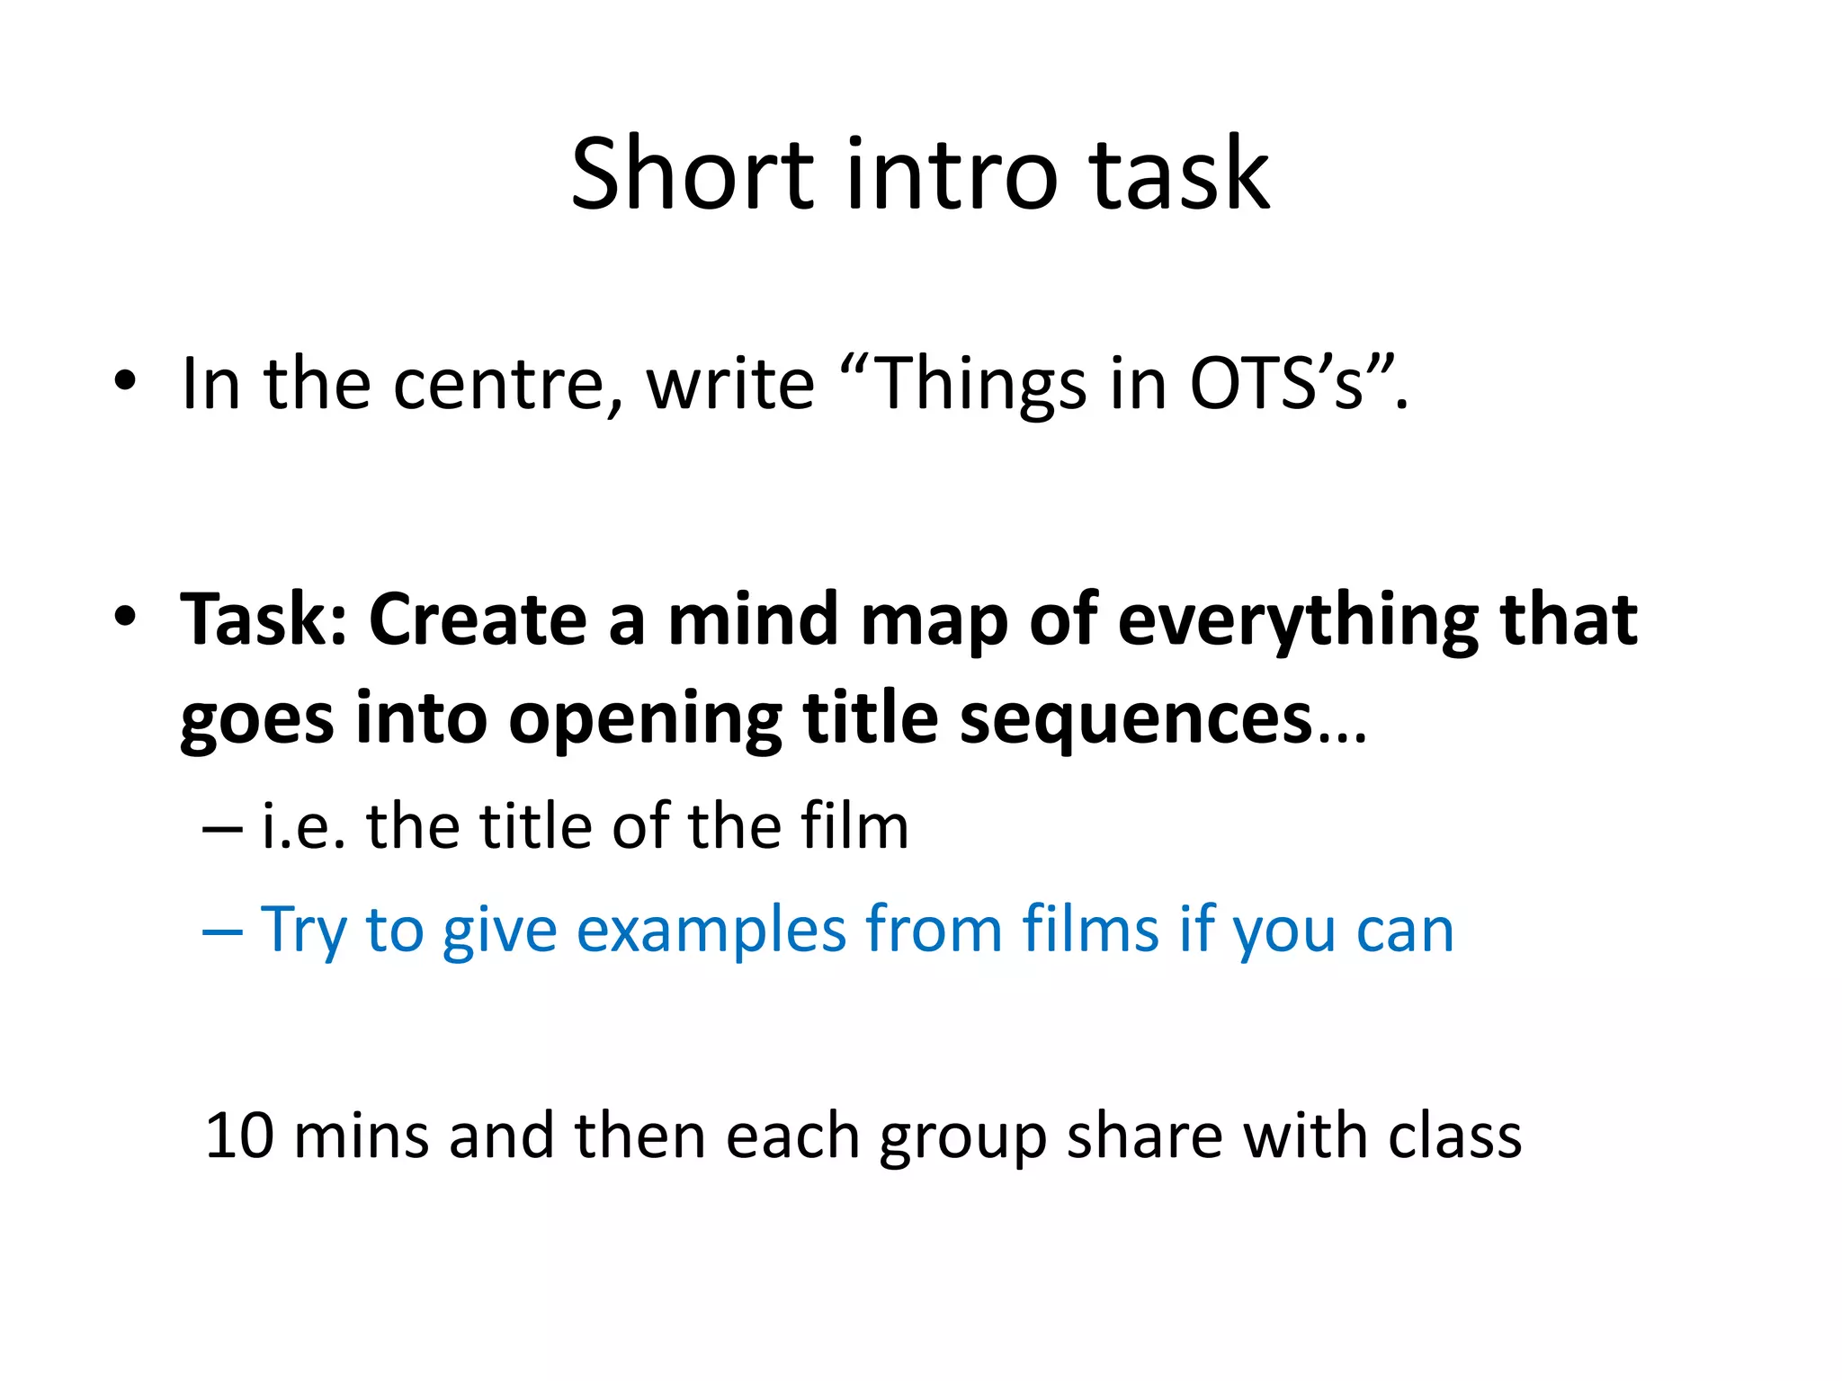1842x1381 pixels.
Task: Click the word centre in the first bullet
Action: (507, 385)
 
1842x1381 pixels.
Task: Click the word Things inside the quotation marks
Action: (979, 385)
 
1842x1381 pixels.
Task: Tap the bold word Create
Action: (478, 619)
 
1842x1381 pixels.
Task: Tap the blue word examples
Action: (711, 930)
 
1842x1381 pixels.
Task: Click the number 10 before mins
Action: (239, 1136)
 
